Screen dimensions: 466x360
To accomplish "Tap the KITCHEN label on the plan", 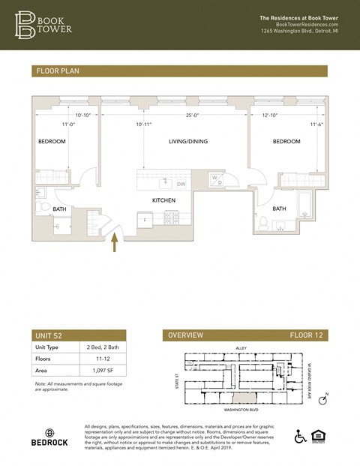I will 163,200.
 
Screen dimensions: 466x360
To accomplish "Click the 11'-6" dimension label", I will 318,125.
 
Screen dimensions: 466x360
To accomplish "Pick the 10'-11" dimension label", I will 143,125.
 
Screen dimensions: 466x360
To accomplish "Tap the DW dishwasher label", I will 181,184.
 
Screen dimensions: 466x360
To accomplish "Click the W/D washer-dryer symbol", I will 216,179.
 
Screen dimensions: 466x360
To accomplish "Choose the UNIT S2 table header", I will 50,335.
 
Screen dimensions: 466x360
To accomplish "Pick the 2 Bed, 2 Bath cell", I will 103,347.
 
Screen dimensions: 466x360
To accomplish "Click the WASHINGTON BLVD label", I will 242,410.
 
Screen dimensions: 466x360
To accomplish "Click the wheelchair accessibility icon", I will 300,436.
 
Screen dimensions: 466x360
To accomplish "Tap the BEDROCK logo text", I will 49,443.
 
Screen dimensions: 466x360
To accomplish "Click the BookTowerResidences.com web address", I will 307,24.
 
